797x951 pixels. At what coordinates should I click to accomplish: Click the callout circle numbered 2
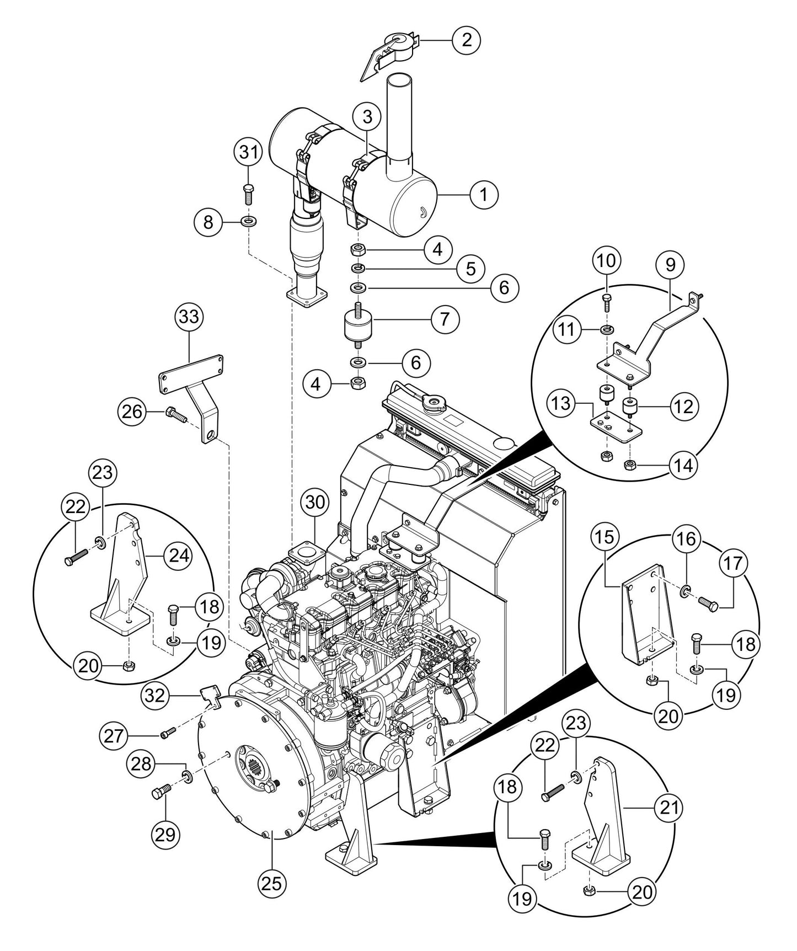tap(467, 40)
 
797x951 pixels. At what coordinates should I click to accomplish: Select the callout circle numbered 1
tap(484, 195)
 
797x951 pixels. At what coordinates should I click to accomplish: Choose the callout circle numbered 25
tap(273, 883)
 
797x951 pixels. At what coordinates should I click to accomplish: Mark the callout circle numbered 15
tap(605, 539)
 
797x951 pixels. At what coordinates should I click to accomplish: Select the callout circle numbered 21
tap(668, 808)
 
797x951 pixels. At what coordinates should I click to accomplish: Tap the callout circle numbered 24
tap(178, 556)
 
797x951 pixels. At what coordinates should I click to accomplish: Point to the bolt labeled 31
tap(248, 195)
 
